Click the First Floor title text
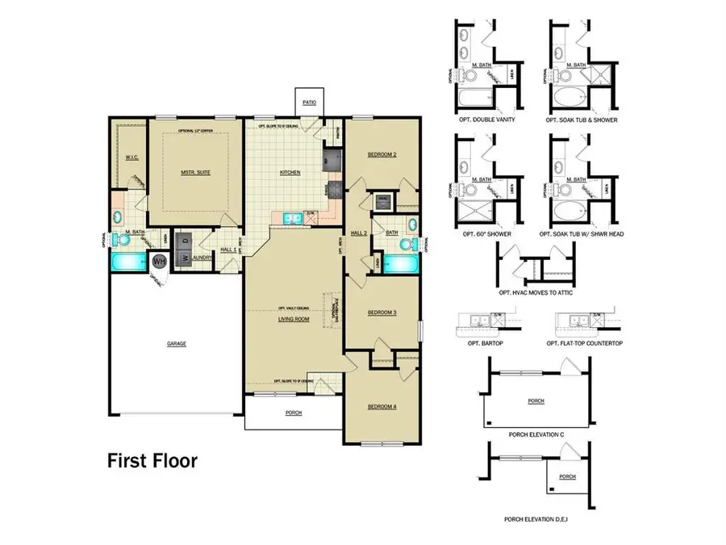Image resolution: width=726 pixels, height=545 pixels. [152, 462]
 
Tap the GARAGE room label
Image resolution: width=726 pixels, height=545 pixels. [177, 344]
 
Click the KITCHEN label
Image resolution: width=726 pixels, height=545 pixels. [290, 172]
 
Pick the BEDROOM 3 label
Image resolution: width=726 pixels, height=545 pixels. [382, 312]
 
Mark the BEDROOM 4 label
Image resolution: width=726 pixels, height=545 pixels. [382, 406]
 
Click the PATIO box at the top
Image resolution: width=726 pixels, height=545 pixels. [309, 103]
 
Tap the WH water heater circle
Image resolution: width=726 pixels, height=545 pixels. [159, 261]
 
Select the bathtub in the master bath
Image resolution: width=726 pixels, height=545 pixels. [127, 262]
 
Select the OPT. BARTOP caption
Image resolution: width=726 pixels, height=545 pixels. [483, 344]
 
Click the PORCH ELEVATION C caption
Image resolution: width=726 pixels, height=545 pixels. [536, 434]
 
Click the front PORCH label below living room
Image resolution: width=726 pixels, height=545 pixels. [294, 413]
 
